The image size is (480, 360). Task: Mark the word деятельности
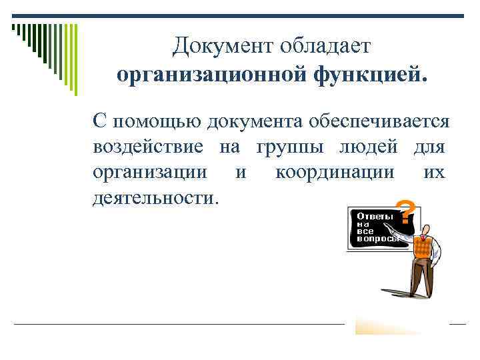[x=155, y=198]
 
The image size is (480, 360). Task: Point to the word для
[x=429, y=147]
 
